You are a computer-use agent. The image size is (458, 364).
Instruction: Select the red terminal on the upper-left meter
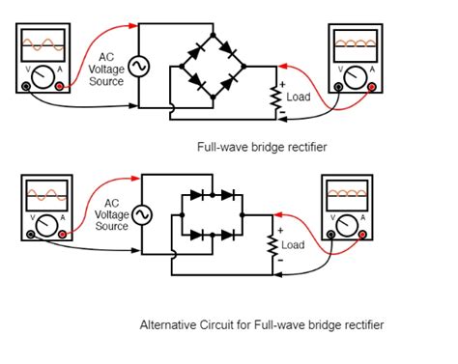(x=62, y=86)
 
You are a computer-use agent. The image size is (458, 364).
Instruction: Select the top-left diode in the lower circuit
(x=198, y=195)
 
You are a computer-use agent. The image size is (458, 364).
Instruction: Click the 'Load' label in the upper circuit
(x=299, y=98)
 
